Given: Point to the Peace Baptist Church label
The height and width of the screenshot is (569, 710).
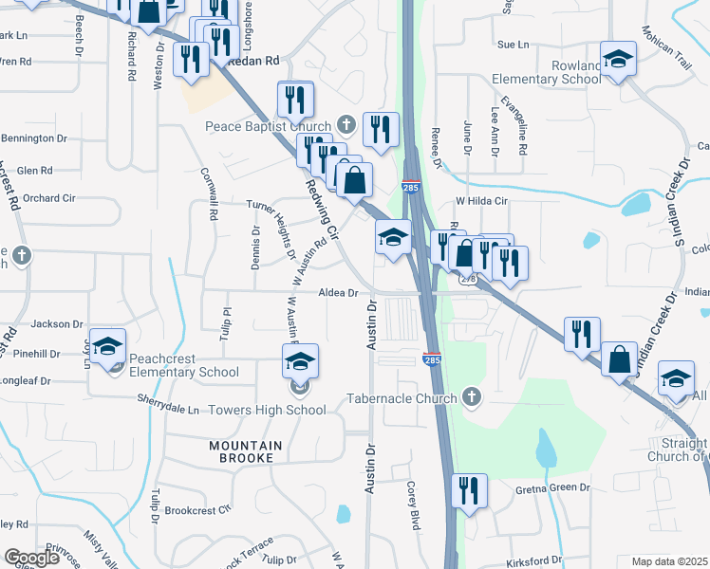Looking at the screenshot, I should pos(269,126).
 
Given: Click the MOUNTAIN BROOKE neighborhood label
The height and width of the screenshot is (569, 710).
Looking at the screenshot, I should pos(245,451).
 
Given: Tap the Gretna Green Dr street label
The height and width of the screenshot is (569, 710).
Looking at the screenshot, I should pos(552,488).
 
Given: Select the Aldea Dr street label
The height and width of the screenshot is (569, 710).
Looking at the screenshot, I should pos(338,293).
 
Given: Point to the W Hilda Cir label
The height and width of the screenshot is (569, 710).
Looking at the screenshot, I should pos(482,201).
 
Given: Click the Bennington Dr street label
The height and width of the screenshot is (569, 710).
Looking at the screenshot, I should pos(34,138).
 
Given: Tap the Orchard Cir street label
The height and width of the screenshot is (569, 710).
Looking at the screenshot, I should pos(48,198).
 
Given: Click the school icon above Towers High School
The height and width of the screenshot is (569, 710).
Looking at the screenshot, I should pos(300,362).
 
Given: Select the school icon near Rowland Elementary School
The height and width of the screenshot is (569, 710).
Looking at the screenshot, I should pos(617,59).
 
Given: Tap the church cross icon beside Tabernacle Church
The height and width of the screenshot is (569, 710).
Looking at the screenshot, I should pos(471,397).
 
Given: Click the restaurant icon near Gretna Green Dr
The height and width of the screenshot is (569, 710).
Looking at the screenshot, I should pos(469,491).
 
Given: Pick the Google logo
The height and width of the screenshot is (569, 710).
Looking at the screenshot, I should pos(31,558).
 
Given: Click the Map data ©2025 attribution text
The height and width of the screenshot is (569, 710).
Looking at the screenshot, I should pos(670,561).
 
